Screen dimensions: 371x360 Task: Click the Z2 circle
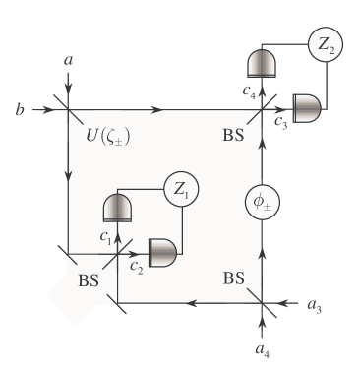(x=326, y=44)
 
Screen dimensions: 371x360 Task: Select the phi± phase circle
(x=261, y=204)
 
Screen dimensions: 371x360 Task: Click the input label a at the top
(x=68, y=61)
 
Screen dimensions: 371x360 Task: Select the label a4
(x=261, y=350)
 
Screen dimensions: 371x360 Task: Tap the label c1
(x=104, y=236)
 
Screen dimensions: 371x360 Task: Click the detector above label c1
(x=117, y=208)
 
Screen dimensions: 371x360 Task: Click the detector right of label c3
(x=307, y=107)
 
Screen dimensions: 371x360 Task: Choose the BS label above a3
(x=232, y=279)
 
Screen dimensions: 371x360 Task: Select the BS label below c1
(x=90, y=280)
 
